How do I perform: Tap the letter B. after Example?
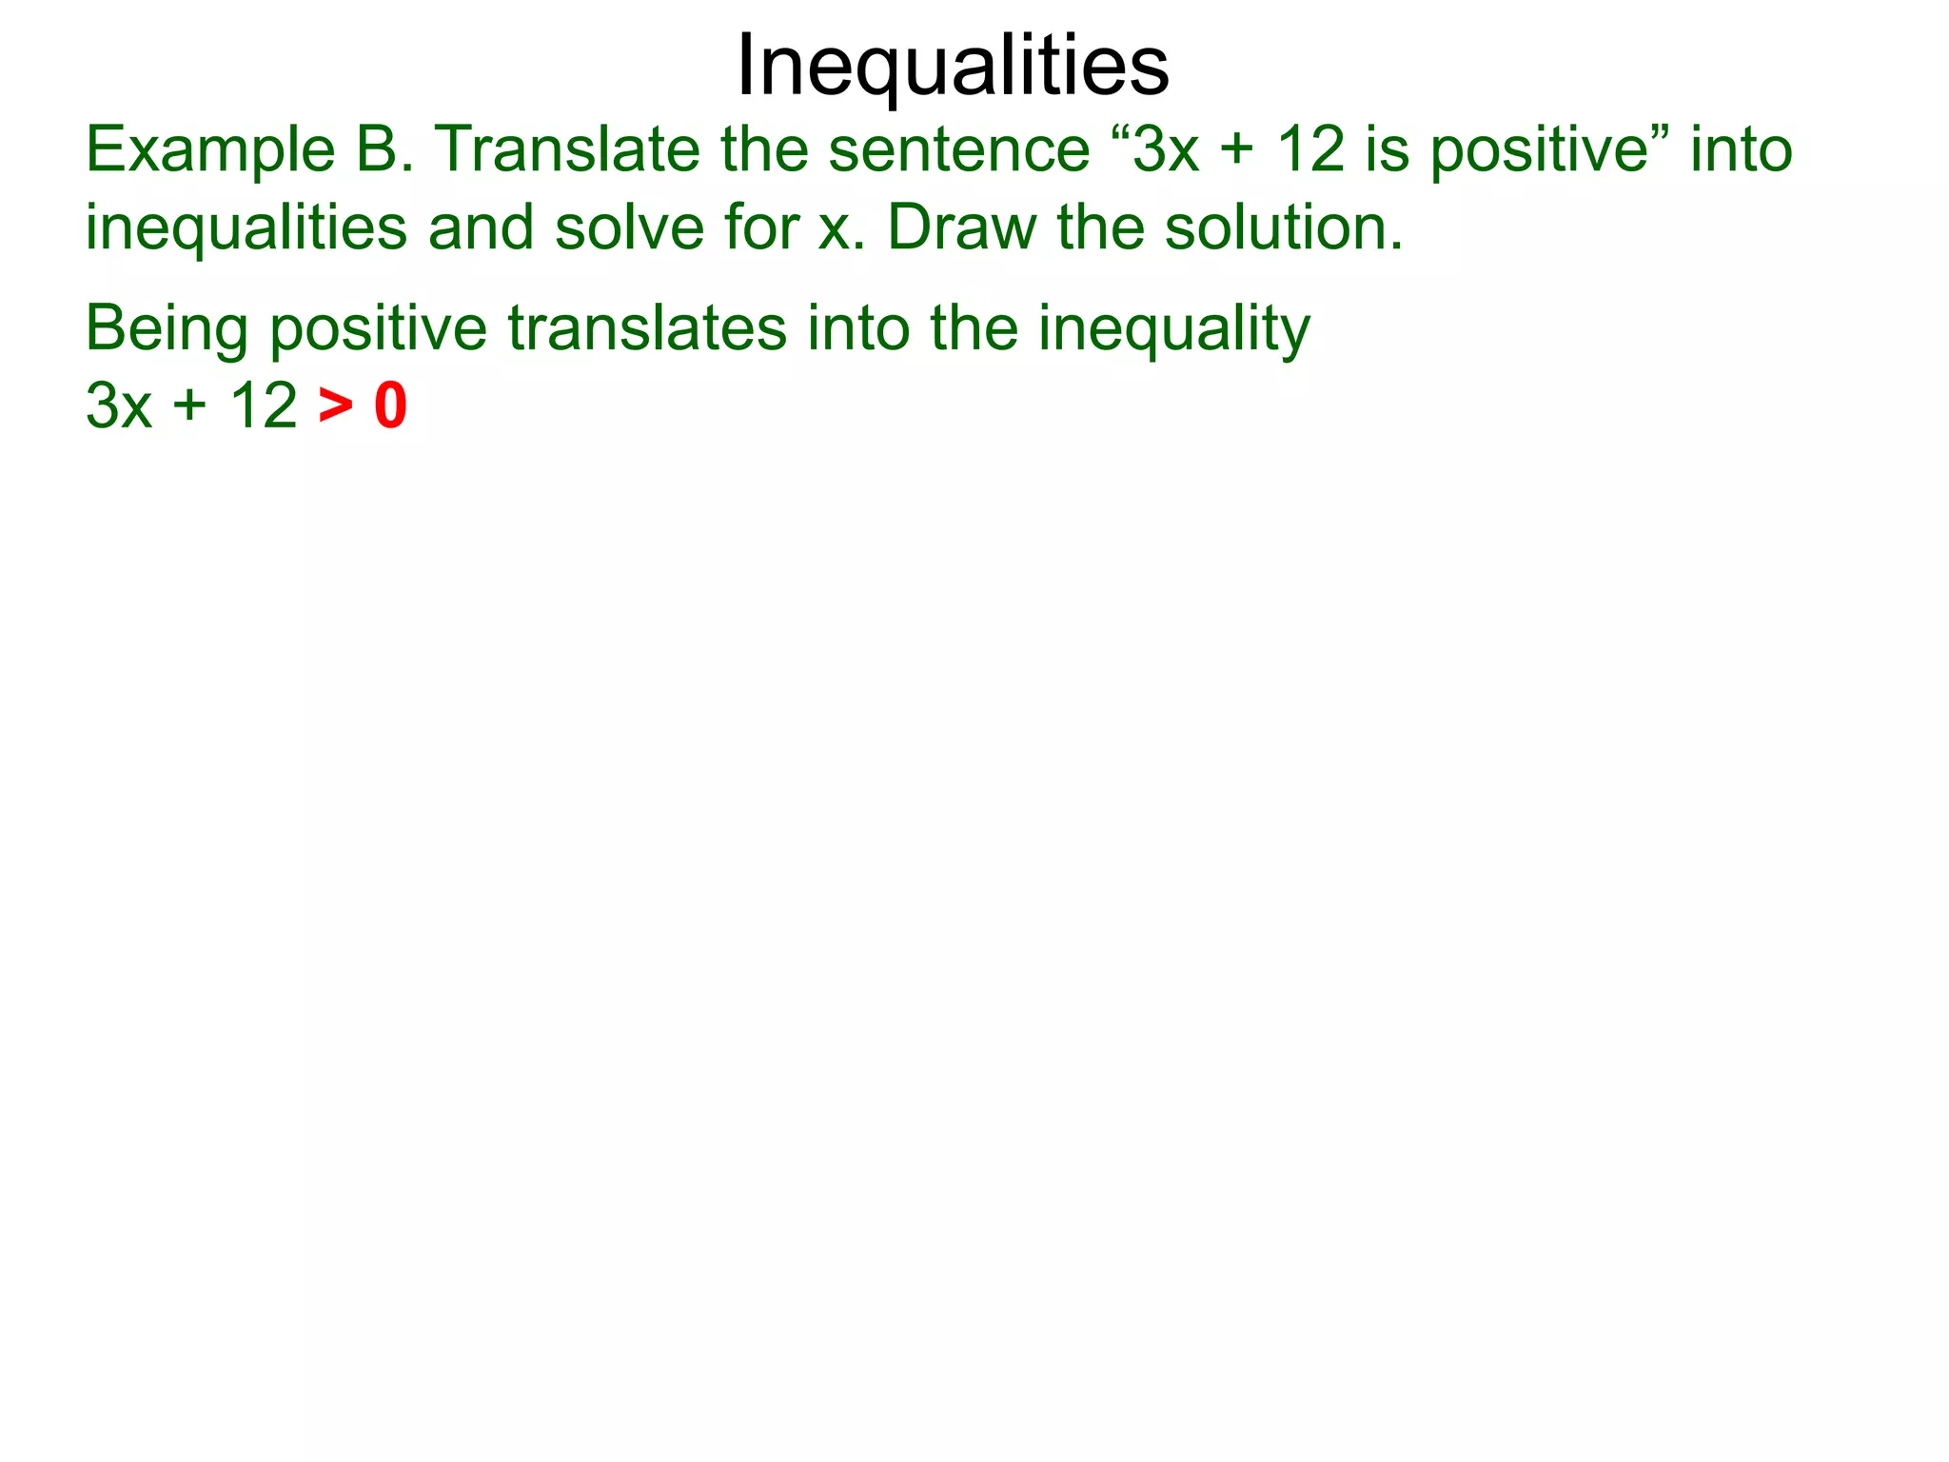(x=384, y=150)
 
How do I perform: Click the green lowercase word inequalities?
(x=246, y=229)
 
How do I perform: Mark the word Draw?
(x=961, y=228)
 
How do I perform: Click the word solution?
(x=1284, y=228)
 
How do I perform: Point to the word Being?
(x=167, y=329)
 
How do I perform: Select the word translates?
(x=647, y=327)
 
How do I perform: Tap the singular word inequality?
(x=1173, y=329)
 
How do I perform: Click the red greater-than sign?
(x=336, y=407)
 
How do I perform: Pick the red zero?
(x=390, y=406)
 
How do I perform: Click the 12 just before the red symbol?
(x=263, y=406)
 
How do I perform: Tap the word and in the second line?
(x=481, y=228)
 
